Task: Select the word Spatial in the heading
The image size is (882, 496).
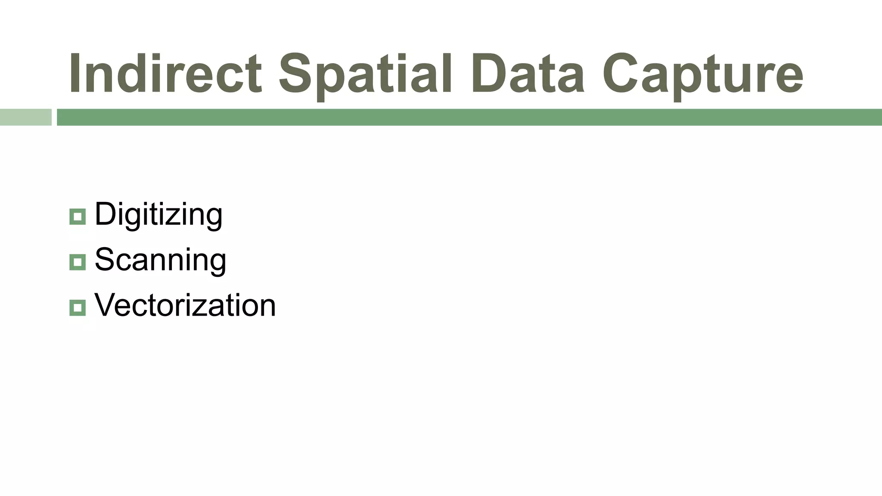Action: [x=365, y=73]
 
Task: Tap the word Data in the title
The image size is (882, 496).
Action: [x=528, y=73]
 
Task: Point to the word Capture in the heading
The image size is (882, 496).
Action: [x=702, y=73]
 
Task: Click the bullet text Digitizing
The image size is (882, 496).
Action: [x=158, y=214]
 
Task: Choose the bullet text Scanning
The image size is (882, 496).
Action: [x=160, y=260]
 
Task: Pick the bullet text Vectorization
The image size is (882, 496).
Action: [x=185, y=305]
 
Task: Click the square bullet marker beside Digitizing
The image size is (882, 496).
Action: [x=78, y=217]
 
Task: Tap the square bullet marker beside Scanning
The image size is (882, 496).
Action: [x=78, y=262]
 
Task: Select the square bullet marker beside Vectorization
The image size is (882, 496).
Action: [x=78, y=307]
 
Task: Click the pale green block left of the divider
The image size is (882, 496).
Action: [x=25, y=117]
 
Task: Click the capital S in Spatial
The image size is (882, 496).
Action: [x=295, y=73]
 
